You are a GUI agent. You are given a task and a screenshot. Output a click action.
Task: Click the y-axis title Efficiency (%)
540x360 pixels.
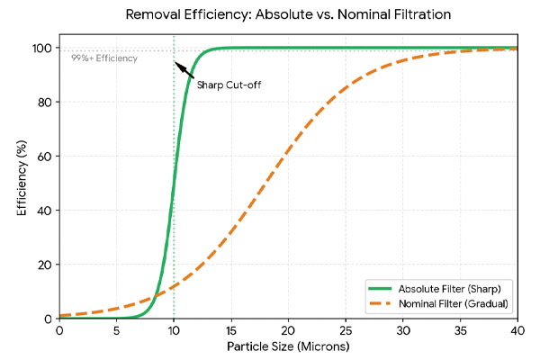(x=21, y=184)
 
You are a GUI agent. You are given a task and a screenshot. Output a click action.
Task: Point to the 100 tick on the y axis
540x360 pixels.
(x=45, y=48)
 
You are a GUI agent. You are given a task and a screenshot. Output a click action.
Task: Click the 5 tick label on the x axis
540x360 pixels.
(x=117, y=330)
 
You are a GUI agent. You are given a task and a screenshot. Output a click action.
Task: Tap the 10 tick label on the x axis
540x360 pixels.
(x=174, y=330)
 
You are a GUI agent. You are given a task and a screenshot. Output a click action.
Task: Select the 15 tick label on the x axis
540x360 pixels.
(x=231, y=330)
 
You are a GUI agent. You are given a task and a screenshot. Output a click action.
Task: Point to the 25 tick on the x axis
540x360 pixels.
(x=346, y=330)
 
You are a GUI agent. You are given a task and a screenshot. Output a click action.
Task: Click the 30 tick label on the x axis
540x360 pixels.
(x=403, y=330)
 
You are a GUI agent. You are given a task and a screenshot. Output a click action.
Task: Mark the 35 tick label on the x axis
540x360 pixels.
(x=460, y=330)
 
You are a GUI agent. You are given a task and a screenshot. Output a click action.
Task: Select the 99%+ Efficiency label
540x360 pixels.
(x=104, y=58)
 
